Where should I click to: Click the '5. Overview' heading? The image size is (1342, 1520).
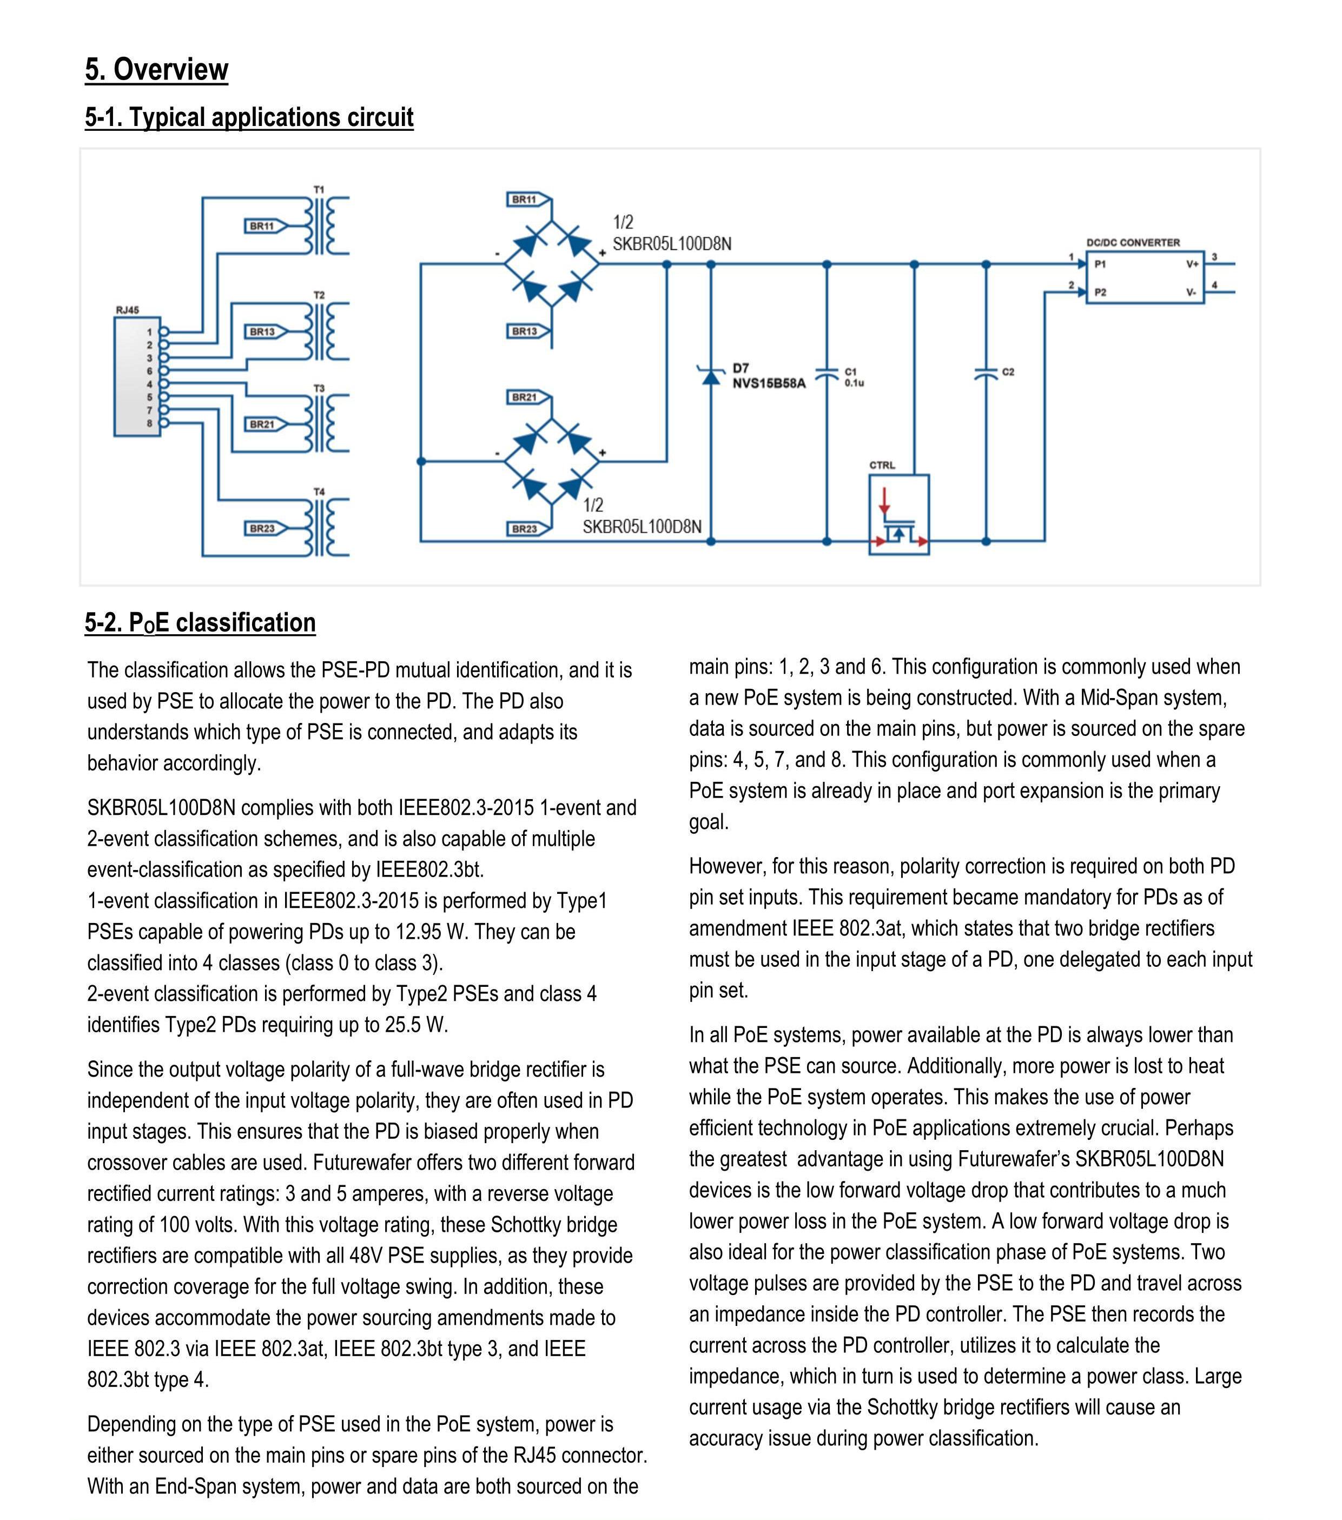(156, 70)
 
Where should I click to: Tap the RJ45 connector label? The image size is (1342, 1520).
(127, 310)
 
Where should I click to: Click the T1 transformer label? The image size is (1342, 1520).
(319, 190)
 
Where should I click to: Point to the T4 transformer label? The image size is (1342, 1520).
(319, 492)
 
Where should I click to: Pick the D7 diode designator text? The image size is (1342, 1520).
(741, 368)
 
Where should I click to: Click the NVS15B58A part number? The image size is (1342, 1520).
(769, 384)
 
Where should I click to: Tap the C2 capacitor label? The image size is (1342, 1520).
(1008, 372)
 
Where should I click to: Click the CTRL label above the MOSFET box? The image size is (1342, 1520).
(882, 466)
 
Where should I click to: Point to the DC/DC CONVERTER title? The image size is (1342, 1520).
(1133, 242)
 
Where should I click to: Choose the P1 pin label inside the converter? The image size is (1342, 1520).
(1100, 264)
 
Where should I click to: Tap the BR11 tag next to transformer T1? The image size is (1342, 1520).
(262, 226)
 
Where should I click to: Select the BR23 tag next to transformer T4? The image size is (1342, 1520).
(262, 529)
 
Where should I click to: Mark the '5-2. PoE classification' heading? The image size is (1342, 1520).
(200, 622)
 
